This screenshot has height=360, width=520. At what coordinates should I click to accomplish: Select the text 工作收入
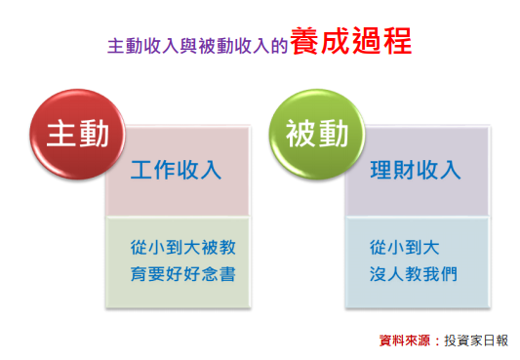pos(177,170)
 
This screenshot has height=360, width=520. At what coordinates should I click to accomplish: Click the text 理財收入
pos(416,170)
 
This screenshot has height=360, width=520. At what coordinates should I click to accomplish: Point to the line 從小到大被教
pos(182,247)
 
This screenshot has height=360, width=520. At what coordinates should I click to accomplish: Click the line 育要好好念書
pos(182,273)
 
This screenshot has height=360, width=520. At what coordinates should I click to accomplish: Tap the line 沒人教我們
pos(414,273)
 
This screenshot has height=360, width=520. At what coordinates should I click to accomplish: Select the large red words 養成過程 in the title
pos(350,42)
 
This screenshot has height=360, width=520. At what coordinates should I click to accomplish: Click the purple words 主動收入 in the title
pos(138,46)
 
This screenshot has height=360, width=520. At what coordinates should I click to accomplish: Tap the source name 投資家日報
pos(475,340)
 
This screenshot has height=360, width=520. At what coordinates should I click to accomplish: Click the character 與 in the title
pos(185,46)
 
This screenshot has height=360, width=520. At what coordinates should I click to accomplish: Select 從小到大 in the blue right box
pos(405,247)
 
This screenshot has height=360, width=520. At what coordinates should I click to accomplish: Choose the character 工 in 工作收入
pos(142,170)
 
